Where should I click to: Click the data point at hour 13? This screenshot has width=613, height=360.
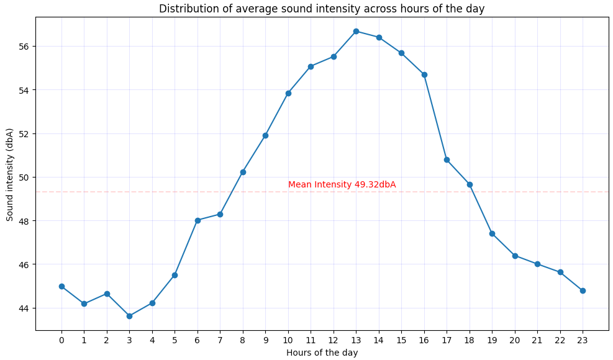coord(356,31)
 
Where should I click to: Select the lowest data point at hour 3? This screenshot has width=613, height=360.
coord(129,316)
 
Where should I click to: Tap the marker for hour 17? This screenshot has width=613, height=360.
coord(447,160)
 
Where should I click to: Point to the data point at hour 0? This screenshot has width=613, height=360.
coord(61,286)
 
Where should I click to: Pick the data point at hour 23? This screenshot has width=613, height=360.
coord(583,290)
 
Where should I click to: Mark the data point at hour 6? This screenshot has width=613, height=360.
coord(198,220)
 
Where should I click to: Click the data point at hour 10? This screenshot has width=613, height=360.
coord(288,93)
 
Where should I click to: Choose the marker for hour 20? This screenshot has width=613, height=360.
coord(515,256)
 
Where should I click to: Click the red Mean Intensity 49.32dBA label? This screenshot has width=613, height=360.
coord(342,185)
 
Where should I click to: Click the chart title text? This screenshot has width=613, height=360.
coord(322,9)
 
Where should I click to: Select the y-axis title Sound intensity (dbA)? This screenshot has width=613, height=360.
coord(10,174)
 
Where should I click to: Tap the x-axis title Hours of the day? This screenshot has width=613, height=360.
coord(322,353)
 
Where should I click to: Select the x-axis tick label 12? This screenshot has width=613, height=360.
coord(334,340)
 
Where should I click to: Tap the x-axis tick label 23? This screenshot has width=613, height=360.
coord(583,340)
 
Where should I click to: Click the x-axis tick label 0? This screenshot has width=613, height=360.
coord(61,340)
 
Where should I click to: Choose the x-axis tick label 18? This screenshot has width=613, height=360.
coord(470,340)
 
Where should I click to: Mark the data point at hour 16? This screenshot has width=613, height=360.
coord(424,74)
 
